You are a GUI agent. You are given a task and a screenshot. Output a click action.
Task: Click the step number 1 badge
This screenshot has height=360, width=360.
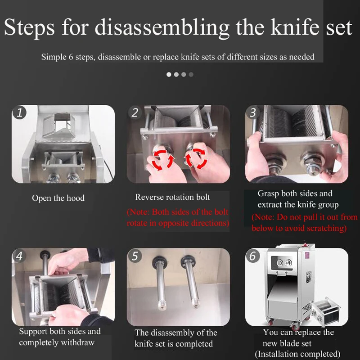[x=19, y=112]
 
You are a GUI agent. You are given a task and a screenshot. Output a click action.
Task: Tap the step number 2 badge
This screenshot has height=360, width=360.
[x=135, y=112]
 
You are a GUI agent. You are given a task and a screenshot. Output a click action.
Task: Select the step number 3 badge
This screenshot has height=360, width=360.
[x=253, y=112]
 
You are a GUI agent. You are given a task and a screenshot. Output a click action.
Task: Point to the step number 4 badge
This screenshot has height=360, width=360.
[x=19, y=256]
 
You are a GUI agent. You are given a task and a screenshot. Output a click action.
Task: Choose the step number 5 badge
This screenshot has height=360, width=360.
[x=135, y=256]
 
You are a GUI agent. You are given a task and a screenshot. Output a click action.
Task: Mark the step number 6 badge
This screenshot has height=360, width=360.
[x=253, y=256]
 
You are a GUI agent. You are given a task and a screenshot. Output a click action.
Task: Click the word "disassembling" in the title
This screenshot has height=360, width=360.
[x=162, y=28]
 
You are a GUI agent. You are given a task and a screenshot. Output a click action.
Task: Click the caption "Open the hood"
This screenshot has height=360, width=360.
[x=58, y=198]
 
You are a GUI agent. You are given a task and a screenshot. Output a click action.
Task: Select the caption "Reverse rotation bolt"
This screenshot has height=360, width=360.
[x=172, y=197]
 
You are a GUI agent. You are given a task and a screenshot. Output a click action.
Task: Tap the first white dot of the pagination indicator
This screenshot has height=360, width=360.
[x=169, y=74]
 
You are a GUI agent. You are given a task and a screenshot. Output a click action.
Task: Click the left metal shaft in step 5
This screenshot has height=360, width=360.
[x=160, y=282]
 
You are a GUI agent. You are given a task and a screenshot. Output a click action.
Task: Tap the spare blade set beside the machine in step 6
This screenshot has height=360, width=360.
[x=326, y=311]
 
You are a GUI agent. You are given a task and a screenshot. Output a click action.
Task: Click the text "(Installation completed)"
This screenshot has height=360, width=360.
[x=297, y=354]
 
